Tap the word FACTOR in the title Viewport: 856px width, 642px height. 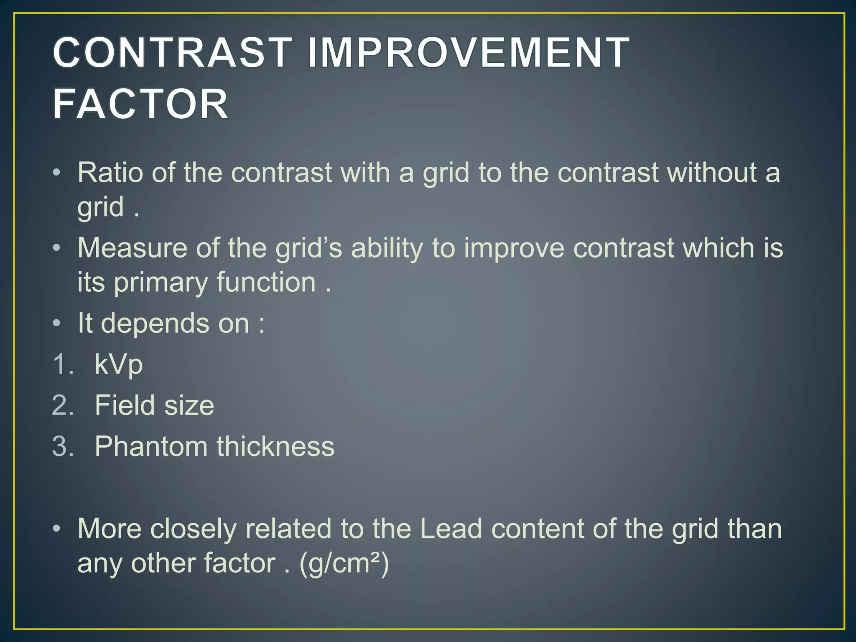coord(141,104)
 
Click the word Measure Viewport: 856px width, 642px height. coord(132,248)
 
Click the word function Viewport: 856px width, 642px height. coord(266,282)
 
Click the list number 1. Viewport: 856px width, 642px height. coord(63,364)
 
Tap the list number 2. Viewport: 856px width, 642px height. coord(63,405)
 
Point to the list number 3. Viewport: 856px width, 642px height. coord(63,446)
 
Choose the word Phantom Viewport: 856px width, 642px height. coord(151,446)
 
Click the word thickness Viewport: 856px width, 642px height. coord(275,446)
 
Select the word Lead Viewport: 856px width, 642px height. coord(451,529)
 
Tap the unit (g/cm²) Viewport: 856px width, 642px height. coord(344,564)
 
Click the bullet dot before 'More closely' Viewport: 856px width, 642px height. coord(57,529)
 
